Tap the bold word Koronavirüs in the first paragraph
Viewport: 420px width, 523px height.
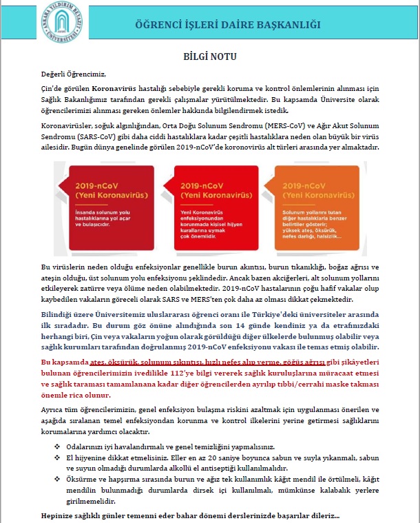click(114, 90)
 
